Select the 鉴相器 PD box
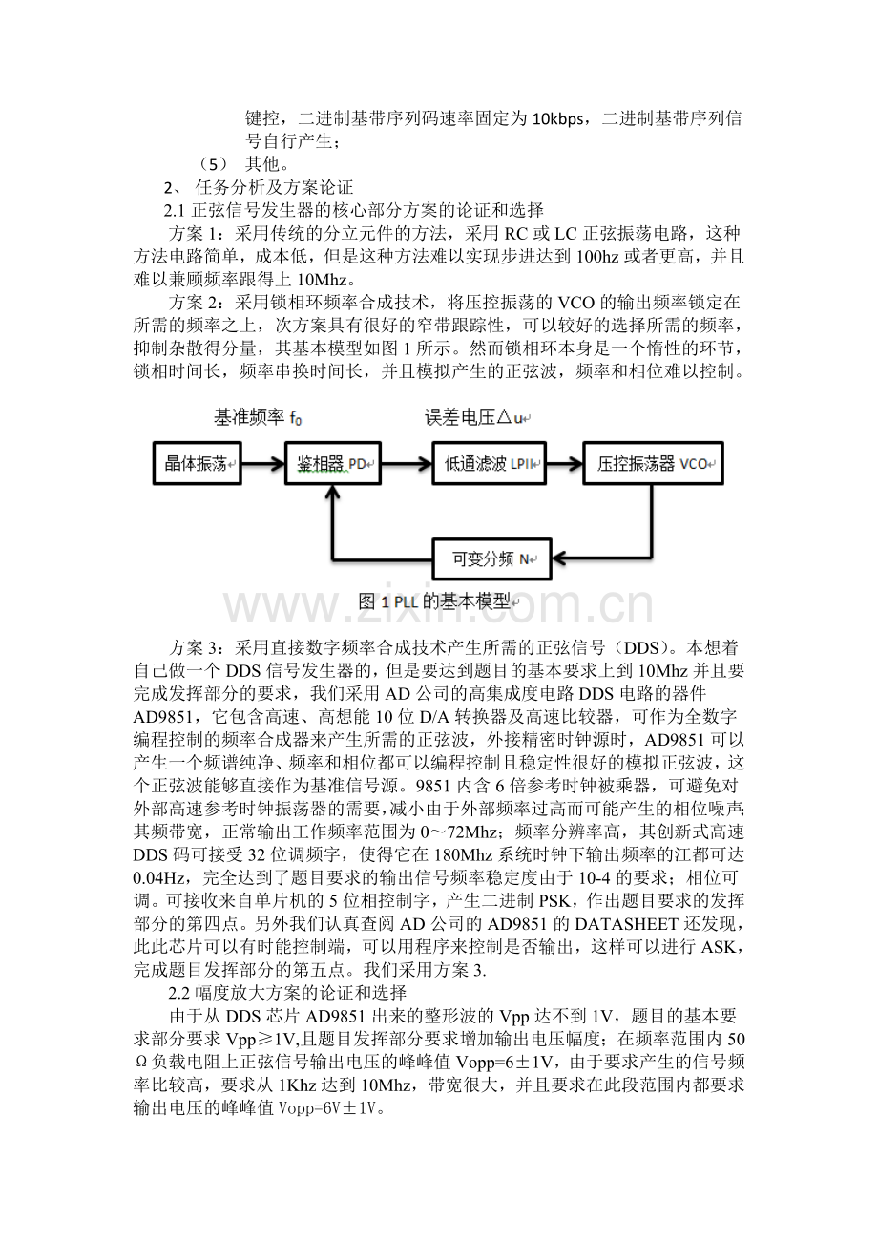coord(333,465)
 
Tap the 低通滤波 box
coord(488,465)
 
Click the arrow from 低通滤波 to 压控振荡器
coord(563,465)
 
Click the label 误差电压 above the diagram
coord(476,417)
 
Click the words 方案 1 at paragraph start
coord(199,234)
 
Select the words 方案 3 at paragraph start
coord(199,645)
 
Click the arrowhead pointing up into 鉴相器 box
coord(332,493)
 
